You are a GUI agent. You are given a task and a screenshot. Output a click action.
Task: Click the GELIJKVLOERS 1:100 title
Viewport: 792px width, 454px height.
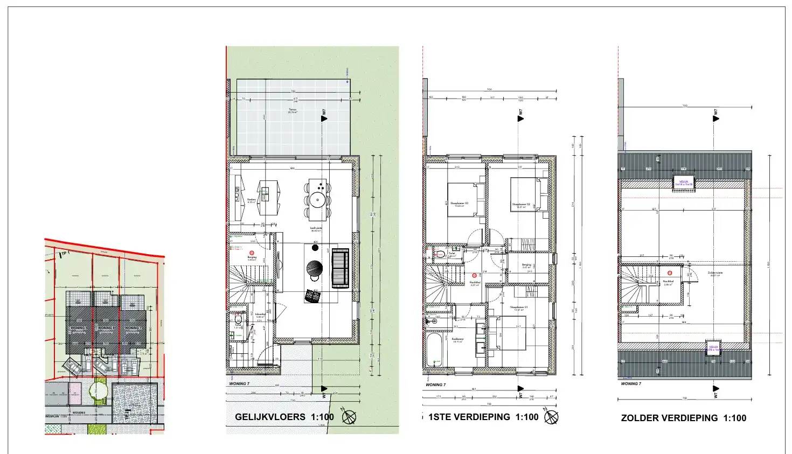tap(284, 417)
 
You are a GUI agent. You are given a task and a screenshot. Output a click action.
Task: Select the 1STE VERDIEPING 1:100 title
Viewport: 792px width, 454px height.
tap(483, 417)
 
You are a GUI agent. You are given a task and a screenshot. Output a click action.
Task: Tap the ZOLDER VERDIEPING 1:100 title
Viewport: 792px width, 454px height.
tap(683, 418)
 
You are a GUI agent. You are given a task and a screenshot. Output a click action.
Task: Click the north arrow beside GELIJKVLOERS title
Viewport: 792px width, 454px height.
tap(349, 417)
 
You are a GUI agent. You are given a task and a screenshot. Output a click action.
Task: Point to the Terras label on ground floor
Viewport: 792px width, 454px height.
tap(293, 110)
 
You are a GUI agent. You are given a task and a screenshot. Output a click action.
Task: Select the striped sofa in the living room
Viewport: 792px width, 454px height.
tap(341, 268)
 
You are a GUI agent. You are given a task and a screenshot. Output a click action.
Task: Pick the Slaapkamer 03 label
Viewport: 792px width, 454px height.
tap(459, 204)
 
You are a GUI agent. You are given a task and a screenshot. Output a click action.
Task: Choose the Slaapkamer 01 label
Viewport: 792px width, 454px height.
tap(519, 308)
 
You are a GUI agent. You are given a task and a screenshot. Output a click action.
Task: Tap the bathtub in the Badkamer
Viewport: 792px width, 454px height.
tap(434, 350)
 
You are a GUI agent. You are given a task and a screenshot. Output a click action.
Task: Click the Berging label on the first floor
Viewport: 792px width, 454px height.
tap(526, 266)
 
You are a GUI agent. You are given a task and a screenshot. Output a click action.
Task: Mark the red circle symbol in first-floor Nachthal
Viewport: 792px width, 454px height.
tap(474, 275)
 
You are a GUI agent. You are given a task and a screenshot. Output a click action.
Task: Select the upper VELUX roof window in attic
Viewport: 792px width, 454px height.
tap(684, 183)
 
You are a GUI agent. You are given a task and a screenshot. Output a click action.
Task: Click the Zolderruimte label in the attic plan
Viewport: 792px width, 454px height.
tap(715, 274)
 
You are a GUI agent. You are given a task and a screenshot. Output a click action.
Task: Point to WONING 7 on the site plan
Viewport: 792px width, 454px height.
tap(133, 328)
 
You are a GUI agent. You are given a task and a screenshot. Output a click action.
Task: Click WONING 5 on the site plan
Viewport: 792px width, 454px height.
tap(78, 328)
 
